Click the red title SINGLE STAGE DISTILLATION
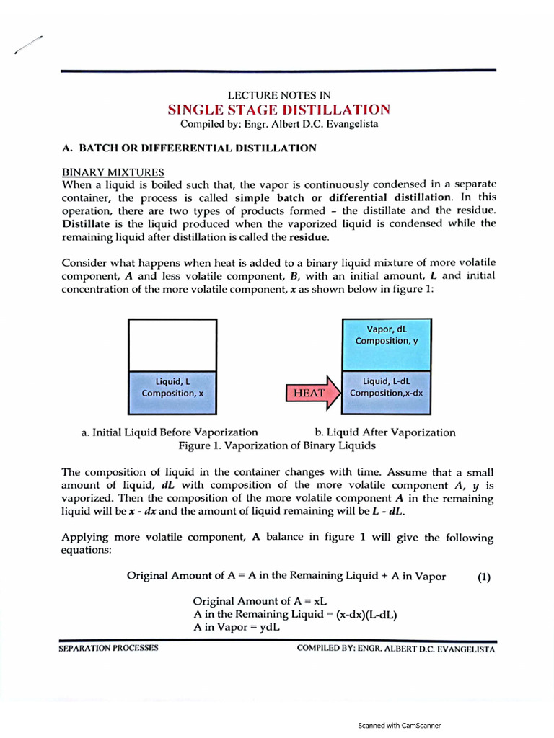click(278, 110)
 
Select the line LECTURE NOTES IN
click(278, 95)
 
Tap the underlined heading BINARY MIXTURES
click(113, 172)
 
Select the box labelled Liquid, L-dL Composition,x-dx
click(386, 392)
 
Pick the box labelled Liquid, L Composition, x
click(172, 392)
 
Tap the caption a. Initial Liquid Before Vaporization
click(170, 432)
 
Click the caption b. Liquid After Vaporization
click(385, 432)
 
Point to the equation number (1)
click(484, 576)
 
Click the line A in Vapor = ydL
click(237, 628)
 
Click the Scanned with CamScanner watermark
click(399, 726)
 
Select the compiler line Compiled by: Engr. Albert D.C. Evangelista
click(278, 124)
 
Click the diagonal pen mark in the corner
click(27, 45)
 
